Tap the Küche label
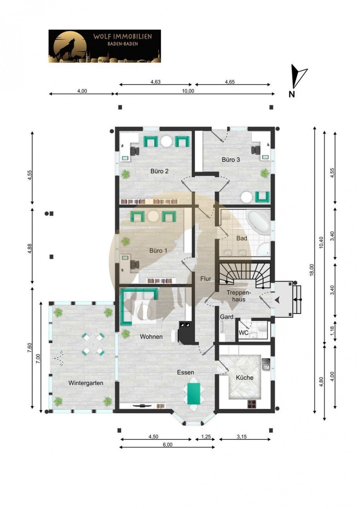click(245, 378)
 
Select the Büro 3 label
click(231, 160)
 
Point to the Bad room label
click(241, 238)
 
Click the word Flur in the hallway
click(205, 279)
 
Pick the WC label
click(243, 333)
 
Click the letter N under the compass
click(292, 94)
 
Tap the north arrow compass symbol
click(299, 76)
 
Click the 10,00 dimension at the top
click(188, 91)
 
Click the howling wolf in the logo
click(65, 48)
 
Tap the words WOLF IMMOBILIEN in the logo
click(122, 37)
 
